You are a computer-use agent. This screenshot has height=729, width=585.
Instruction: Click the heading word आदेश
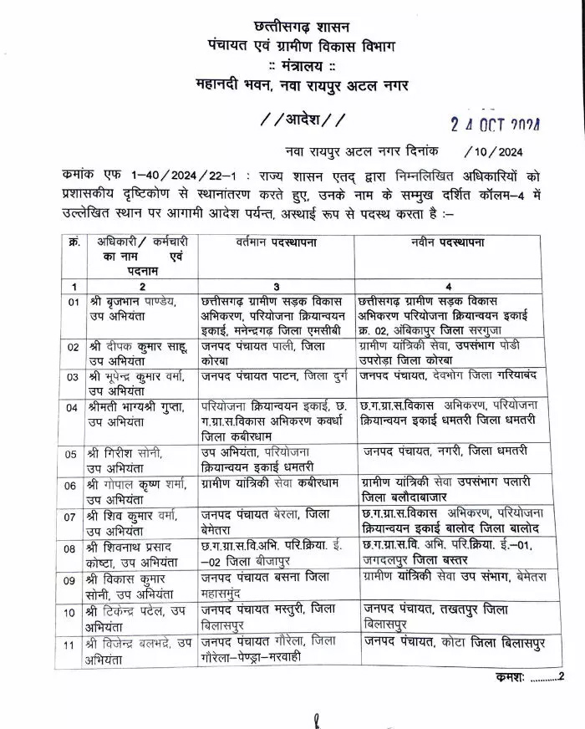tap(301, 118)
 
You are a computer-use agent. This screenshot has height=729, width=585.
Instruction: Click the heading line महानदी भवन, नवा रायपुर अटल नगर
tap(301, 83)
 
